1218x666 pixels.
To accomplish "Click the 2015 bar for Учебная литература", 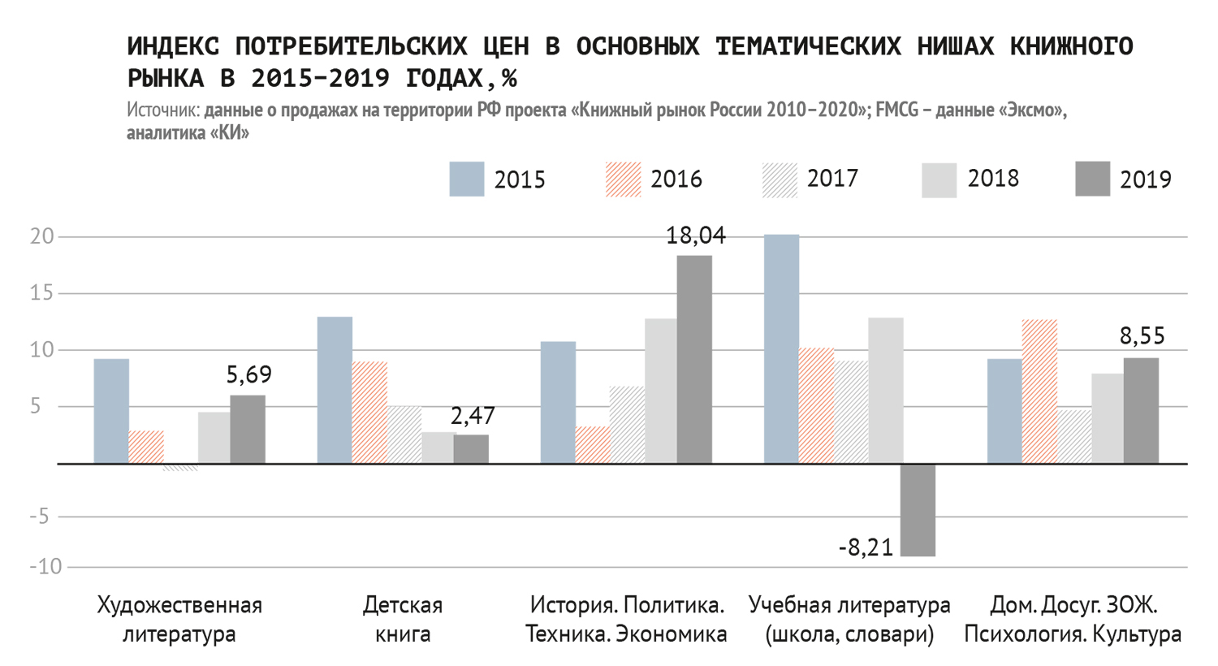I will pos(781,349).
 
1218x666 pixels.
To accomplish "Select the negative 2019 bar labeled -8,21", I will pos(918,510).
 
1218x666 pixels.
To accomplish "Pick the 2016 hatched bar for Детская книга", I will pos(369,413).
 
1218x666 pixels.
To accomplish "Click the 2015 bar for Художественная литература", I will pos(111,411).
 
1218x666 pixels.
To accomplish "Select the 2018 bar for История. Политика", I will pos(660,391).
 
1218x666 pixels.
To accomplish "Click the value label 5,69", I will pos(248,374).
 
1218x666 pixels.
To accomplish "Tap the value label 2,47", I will pos(473,416).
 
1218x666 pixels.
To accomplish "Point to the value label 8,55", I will pos(1142,335).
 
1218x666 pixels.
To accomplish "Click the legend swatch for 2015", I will pos(466,179).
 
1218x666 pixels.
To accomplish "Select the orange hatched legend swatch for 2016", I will pos(623,179).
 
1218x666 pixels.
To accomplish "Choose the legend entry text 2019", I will pos(1145,179).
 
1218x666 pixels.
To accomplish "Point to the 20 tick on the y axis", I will pos(42,236).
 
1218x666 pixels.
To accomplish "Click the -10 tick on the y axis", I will pos(45,566).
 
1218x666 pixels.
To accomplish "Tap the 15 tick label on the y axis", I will pos(42,293).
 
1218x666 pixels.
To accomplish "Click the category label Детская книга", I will pos(403,619).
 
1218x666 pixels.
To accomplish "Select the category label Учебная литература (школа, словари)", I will pos(849,619).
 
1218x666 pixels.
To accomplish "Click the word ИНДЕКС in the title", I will pos(173,46).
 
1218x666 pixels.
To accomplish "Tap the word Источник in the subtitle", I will pos(162,110).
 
